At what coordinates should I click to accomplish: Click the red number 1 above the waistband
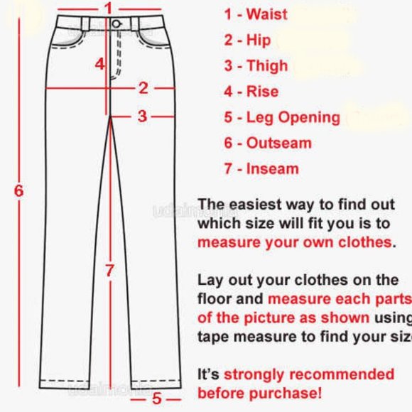pyautogui.click(x=108, y=8)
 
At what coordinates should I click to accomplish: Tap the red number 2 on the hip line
pyautogui.click(x=143, y=88)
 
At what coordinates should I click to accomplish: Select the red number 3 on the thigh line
pyautogui.click(x=142, y=116)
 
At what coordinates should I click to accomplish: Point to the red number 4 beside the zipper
pyautogui.click(x=100, y=63)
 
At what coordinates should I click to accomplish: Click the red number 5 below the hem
pyautogui.click(x=157, y=399)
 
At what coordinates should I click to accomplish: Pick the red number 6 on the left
pyautogui.click(x=19, y=190)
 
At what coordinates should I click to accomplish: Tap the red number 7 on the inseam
pyautogui.click(x=109, y=270)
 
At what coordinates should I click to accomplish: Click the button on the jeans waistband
pyautogui.click(x=116, y=25)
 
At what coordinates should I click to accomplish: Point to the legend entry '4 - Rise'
pyautogui.click(x=251, y=91)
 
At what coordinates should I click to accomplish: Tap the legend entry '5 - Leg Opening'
pyautogui.click(x=282, y=117)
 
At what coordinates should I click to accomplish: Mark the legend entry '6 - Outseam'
pyautogui.click(x=268, y=143)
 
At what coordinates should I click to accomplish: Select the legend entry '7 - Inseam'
pyautogui.click(x=261, y=169)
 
